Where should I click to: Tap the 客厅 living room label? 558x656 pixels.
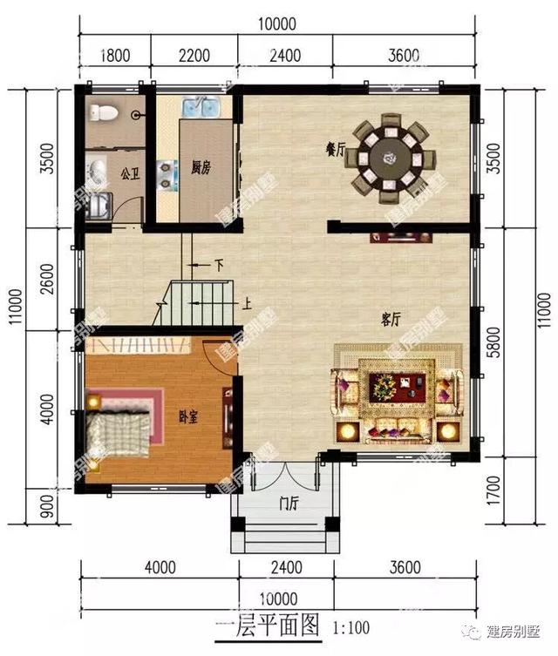(x=390, y=319)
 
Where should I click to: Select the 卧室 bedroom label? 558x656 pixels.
(x=187, y=417)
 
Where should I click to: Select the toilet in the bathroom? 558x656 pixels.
(x=103, y=112)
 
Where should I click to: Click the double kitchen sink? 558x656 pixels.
(x=202, y=108)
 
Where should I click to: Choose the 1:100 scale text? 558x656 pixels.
(x=349, y=626)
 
